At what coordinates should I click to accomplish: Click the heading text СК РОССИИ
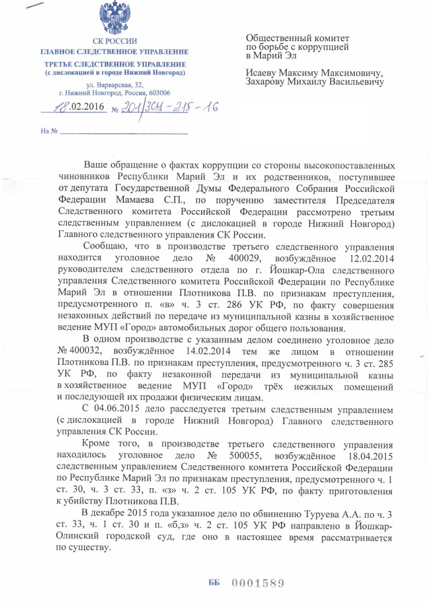114,42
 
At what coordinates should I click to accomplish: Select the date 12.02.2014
369,259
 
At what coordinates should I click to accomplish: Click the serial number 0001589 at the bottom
258,583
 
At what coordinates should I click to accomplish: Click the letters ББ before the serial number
214,583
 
